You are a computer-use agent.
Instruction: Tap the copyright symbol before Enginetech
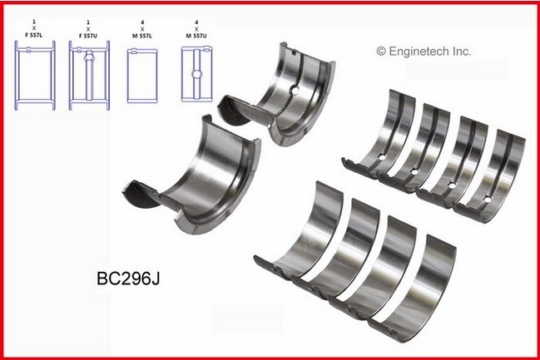point(382,52)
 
